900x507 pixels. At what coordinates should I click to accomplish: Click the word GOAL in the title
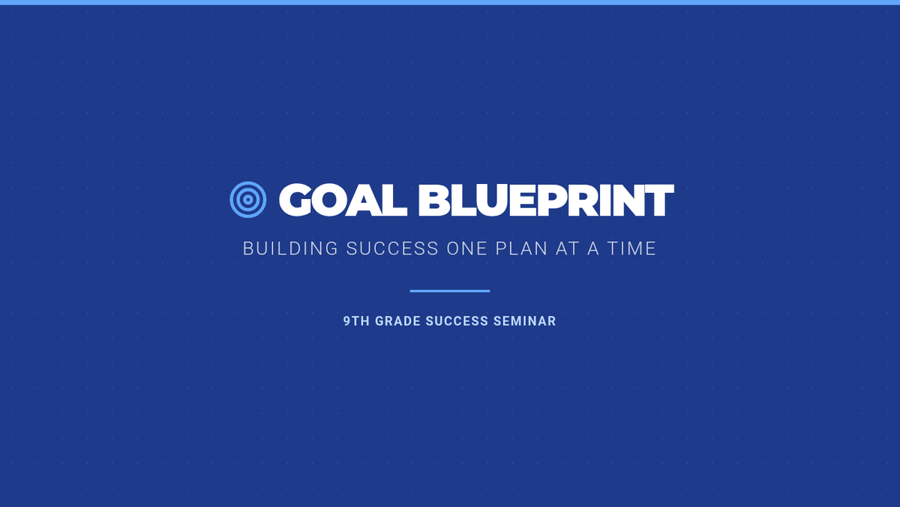coord(343,200)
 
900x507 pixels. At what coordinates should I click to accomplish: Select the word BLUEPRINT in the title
coord(546,200)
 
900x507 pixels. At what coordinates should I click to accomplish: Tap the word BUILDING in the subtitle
coord(290,249)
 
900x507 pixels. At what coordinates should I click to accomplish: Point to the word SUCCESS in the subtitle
coord(392,249)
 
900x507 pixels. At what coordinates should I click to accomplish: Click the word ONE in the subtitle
coord(466,249)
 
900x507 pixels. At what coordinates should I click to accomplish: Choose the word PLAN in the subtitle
coord(521,249)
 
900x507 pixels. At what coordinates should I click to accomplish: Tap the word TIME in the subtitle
coord(631,249)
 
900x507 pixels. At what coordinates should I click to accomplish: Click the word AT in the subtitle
coord(567,249)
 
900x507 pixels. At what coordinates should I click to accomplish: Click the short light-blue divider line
coord(450,291)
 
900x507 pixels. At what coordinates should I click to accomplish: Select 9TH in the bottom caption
coord(356,321)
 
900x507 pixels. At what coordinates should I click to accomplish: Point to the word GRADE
coord(397,321)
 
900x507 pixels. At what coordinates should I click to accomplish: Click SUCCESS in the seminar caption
coord(457,321)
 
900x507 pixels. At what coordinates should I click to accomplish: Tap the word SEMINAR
coord(525,321)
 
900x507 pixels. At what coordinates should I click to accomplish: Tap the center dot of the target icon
coord(248,200)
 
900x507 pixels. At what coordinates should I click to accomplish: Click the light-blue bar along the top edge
coord(450,2)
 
